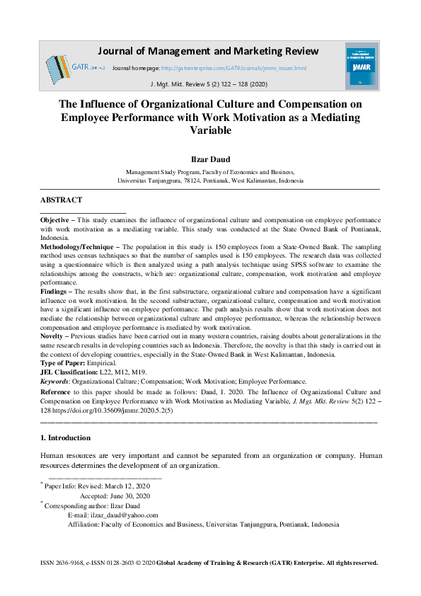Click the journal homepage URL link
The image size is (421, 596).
[x=233, y=68]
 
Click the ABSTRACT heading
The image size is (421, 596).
[x=61, y=200]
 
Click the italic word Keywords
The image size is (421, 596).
[x=54, y=381]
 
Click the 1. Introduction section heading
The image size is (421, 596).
[x=65, y=438]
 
